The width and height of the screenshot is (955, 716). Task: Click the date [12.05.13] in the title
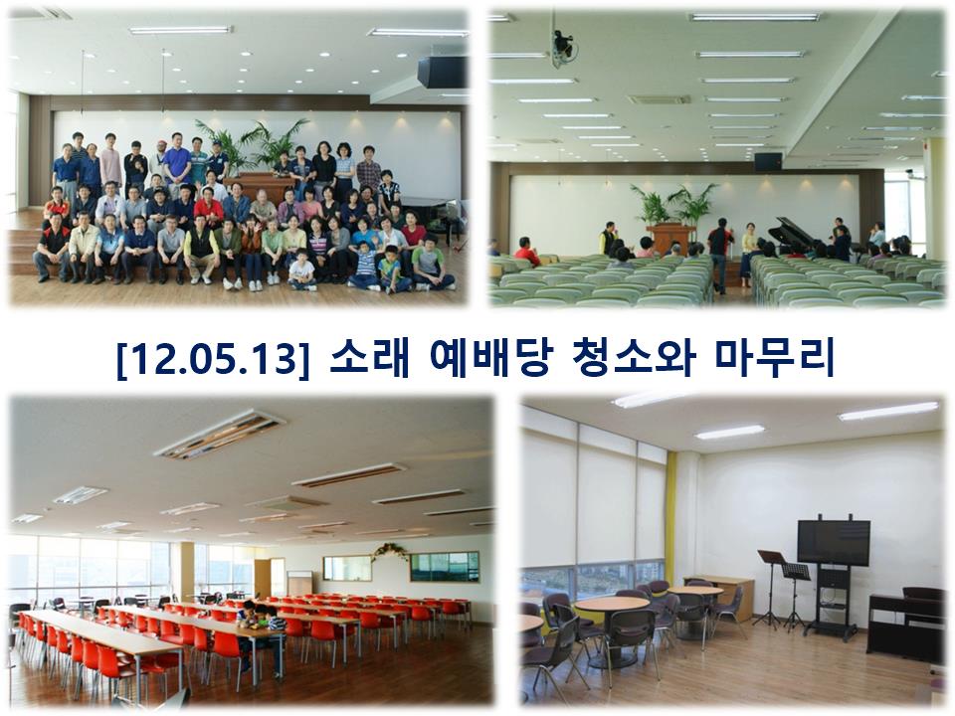click(x=213, y=359)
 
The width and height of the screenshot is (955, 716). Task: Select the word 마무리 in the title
click(x=774, y=357)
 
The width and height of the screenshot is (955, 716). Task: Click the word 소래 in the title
click(x=369, y=357)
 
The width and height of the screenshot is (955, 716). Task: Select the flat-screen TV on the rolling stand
click(x=834, y=542)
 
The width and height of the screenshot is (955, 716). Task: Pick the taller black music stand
click(x=770, y=588)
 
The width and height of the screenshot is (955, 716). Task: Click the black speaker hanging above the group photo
click(x=442, y=72)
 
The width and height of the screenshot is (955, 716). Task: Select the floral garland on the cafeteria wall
click(x=389, y=551)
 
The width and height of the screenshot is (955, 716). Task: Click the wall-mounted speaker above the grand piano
click(x=767, y=161)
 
